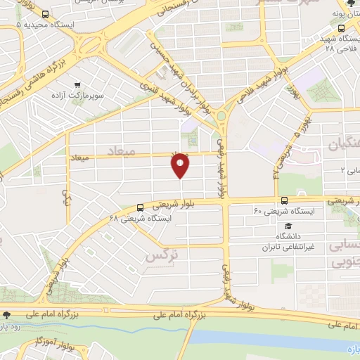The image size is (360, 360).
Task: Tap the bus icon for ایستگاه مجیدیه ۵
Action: coord(45,15)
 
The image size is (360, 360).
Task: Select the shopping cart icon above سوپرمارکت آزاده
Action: coord(86,83)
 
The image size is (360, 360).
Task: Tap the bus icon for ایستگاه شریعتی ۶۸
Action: coord(141,207)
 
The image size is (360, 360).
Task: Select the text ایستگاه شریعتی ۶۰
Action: coord(277,210)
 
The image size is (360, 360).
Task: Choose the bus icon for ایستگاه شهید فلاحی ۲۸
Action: coord(341,29)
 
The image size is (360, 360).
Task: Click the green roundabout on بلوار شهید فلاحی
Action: coord(221,116)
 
